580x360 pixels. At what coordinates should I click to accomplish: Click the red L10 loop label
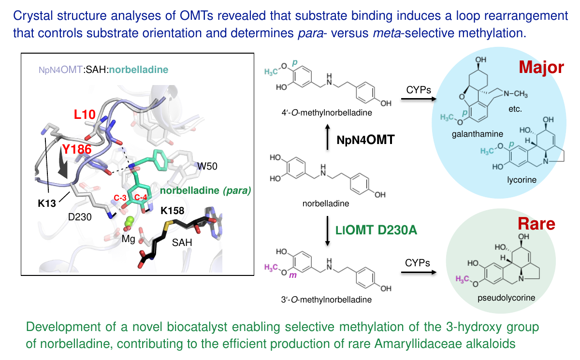coord(85,114)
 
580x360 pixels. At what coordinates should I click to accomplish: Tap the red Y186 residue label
coord(77,149)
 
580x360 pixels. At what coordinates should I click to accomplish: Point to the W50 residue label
coord(207,166)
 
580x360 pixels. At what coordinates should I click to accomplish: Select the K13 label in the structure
coord(47,203)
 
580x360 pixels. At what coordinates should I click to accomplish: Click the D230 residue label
coord(80,217)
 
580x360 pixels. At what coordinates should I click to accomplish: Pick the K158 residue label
coord(173,211)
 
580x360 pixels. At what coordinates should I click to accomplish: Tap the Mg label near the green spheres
coord(129,239)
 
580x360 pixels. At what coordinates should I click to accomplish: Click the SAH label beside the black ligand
coord(182,243)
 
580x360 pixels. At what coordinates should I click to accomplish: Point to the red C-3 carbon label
coord(120,198)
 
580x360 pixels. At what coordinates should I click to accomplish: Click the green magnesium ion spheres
coord(129,221)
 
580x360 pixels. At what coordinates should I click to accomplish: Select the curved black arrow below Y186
coord(63,166)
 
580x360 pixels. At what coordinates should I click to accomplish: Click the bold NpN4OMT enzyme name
coord(365,140)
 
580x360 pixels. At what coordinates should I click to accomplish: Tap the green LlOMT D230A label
coord(376,230)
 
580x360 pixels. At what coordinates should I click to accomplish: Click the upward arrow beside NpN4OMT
coord(328,137)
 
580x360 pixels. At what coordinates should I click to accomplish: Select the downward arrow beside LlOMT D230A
coord(328,230)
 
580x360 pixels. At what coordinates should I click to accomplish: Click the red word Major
coord(541,67)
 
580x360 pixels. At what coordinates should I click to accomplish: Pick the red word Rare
coord(536,224)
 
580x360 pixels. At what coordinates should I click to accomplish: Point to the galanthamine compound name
coord(478,134)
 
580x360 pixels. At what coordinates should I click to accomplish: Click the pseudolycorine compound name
coord(506,298)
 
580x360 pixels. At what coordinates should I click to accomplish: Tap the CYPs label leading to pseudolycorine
coord(418,263)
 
